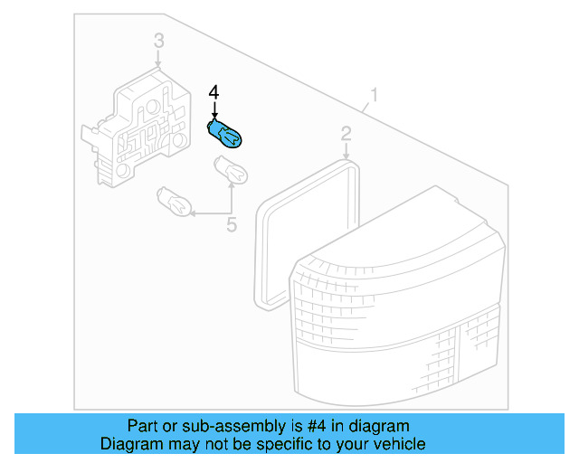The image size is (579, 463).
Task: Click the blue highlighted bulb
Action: pyautogui.click(x=224, y=135)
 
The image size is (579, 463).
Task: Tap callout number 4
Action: pyautogui.click(x=214, y=92)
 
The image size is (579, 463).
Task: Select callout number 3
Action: pyautogui.click(x=159, y=41)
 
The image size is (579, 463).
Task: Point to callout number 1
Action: pyautogui.click(x=375, y=95)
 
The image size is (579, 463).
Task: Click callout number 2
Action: pyautogui.click(x=346, y=134)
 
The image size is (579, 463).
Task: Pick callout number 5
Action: pyautogui.click(x=232, y=225)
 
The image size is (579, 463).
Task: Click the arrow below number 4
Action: pyautogui.click(x=214, y=110)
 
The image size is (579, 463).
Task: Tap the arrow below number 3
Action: pyautogui.click(x=158, y=59)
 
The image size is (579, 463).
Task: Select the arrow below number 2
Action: pyautogui.click(x=346, y=151)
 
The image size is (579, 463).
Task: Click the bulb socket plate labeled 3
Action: pyautogui.click(x=138, y=128)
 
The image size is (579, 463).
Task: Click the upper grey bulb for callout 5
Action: pyautogui.click(x=232, y=169)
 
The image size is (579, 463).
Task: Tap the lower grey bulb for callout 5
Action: pyautogui.click(x=174, y=202)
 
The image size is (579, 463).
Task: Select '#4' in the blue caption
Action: pyautogui.click(x=317, y=426)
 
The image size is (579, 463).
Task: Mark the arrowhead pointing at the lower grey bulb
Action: pyautogui.click(x=193, y=213)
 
